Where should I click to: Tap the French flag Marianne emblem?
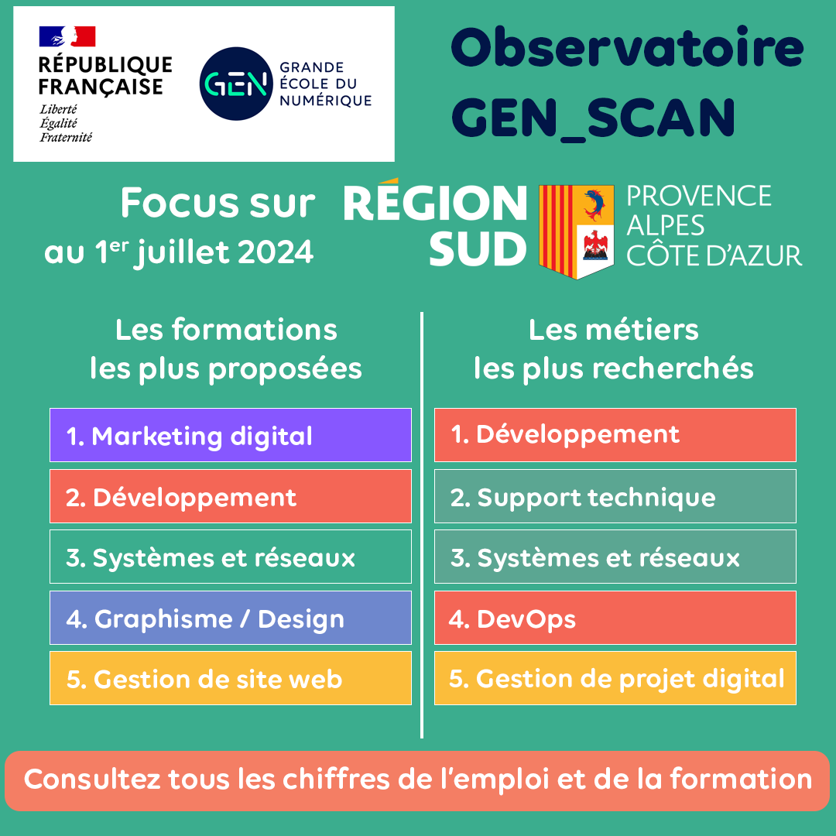point(67,36)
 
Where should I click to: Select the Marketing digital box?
point(230,436)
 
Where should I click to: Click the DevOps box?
point(615,618)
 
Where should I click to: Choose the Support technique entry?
point(615,497)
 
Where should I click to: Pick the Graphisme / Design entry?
point(230,618)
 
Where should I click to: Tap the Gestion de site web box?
point(230,678)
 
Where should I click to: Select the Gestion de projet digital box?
point(615,678)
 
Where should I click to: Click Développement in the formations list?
point(230,497)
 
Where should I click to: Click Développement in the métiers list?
point(615,435)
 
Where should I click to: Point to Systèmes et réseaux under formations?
point(230,557)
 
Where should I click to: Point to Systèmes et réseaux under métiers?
point(615,557)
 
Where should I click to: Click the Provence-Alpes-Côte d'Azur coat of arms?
point(576,231)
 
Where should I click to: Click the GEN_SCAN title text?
point(593,117)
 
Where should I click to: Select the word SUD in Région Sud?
point(478,249)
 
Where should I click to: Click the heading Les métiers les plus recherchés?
point(613,349)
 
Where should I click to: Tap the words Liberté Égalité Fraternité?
point(66,123)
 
